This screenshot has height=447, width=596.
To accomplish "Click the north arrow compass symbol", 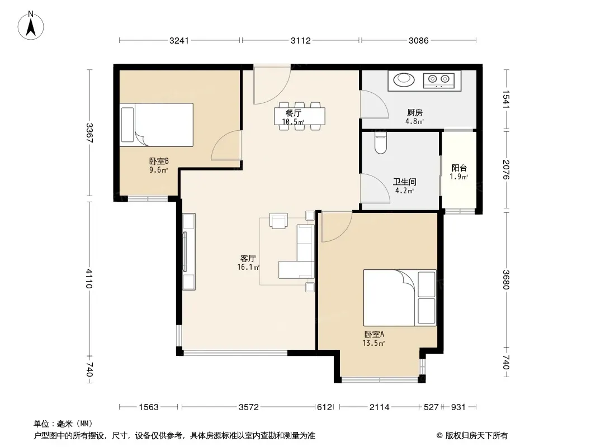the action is [31, 26].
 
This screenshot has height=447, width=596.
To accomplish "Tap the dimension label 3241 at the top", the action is [179, 41].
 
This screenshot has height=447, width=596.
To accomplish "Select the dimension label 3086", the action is [419, 41].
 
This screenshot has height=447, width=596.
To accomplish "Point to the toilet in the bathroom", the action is [380, 143].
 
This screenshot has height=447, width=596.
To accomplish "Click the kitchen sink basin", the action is [403, 79].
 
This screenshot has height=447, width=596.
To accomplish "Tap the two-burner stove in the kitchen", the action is [439, 80].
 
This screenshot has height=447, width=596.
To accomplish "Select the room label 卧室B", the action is [159, 162].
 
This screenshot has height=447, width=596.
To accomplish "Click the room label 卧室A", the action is [375, 335].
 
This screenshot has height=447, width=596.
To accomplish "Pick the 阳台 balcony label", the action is [459, 168].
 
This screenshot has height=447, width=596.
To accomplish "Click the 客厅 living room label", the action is [248, 259].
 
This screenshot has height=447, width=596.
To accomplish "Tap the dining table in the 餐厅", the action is [300, 116].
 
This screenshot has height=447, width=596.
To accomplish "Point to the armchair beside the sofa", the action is [278, 221].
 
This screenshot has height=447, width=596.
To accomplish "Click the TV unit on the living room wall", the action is [189, 251].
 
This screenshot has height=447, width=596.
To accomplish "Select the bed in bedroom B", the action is [157, 125].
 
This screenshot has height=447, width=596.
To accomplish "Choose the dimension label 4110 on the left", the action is [89, 278].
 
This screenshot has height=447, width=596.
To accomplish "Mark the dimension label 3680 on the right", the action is [505, 279].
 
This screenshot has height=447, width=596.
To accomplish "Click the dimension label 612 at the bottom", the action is [325, 407].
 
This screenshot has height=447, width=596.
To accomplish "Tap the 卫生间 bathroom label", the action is [404, 182].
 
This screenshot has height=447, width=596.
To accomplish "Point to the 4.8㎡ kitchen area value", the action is [414, 122].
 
